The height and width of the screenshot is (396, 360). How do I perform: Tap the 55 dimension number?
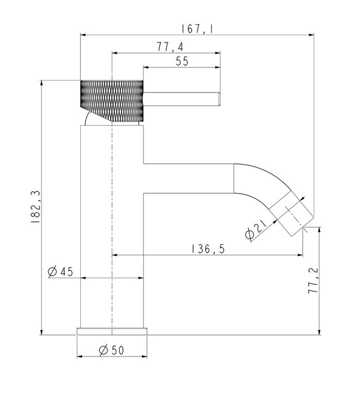click(x=182, y=61)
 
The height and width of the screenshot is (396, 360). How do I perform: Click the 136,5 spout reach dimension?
click(x=207, y=249)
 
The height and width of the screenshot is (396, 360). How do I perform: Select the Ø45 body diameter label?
click(x=60, y=271)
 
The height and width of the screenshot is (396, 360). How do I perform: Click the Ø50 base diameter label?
click(x=111, y=350)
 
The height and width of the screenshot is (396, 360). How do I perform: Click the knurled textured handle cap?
click(x=112, y=100)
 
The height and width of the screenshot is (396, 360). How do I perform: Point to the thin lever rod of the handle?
click(x=182, y=99)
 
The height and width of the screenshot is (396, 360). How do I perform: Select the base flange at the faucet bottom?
click(x=112, y=331)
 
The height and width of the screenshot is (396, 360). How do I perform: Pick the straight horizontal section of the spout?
click(x=188, y=178)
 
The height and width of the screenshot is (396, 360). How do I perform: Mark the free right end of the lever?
click(x=218, y=99)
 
